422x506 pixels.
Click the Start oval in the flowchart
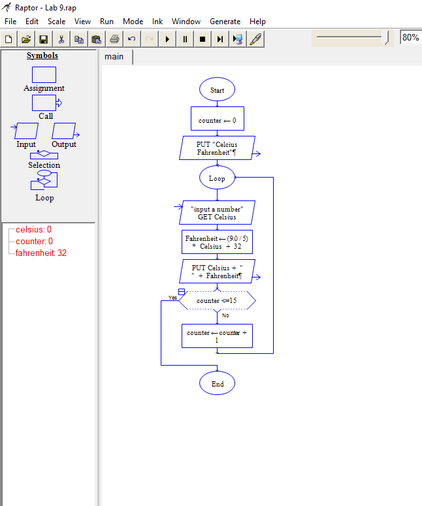[x=217, y=90]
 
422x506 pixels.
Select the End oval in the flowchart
[x=217, y=384]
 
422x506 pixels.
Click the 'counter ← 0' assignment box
[x=217, y=120]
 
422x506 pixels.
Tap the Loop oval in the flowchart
[x=217, y=178]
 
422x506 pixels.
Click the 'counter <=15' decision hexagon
[x=217, y=300]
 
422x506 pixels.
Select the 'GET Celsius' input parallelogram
[x=217, y=213]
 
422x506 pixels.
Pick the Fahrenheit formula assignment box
[x=217, y=243]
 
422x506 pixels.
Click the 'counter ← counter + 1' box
[x=217, y=336]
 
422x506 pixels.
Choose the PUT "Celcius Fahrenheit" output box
[x=217, y=148]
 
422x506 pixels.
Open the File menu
[x=10, y=22]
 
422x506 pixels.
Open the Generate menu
[x=225, y=22]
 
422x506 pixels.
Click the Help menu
[x=257, y=22]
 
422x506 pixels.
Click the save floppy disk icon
[x=44, y=39]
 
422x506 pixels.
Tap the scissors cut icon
[x=61, y=39]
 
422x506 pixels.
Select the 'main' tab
[x=114, y=57]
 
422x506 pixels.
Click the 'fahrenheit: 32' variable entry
[x=41, y=253]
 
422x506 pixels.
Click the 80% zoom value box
[x=410, y=38]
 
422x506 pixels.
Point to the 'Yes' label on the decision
[x=172, y=298]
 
